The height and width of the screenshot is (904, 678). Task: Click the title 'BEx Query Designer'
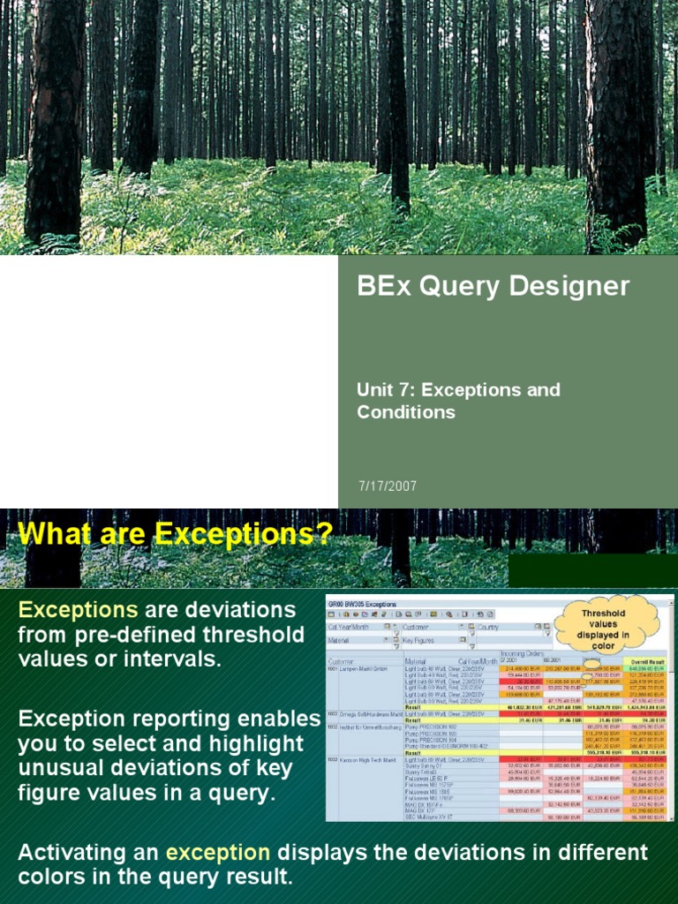pos(493,286)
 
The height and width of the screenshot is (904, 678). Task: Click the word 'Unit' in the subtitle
pos(372,389)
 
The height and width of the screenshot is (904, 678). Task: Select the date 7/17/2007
pos(388,486)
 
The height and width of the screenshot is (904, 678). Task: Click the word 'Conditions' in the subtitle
pos(406,412)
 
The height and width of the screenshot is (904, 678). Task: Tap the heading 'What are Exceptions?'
pos(176,534)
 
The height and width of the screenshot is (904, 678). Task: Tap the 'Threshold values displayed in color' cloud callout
pos(603,623)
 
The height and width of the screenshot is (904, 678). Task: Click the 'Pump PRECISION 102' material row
pos(432,727)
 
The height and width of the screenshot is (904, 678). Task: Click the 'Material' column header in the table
pos(415,660)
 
